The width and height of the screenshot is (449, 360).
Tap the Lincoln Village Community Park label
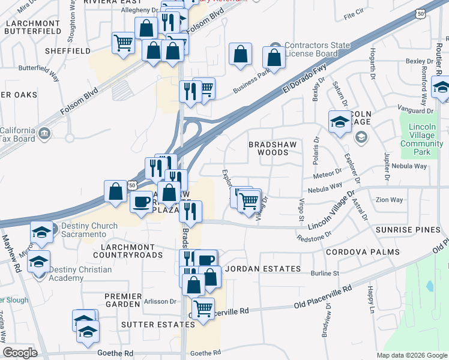(x=421, y=136)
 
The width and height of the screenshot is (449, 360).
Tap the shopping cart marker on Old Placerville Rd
(x=203, y=308)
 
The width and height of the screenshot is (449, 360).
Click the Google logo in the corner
(x=20, y=353)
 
